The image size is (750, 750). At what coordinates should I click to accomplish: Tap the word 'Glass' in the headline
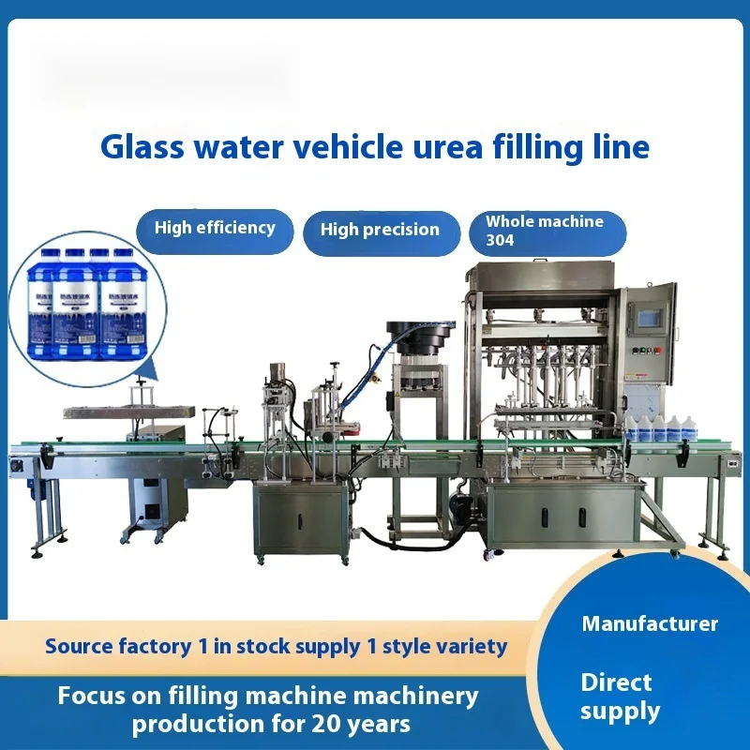coord(136,147)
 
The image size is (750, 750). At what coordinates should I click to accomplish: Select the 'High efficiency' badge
coord(215,228)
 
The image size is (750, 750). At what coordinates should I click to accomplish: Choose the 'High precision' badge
coord(380,230)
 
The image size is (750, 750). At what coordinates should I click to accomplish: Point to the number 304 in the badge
coord(501,240)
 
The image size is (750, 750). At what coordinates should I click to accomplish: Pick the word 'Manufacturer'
coord(650,623)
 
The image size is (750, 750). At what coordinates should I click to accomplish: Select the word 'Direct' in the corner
coord(616,682)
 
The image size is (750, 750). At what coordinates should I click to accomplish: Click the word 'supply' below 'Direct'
coord(620,712)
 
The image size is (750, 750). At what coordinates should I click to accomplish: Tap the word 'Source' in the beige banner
coord(81,646)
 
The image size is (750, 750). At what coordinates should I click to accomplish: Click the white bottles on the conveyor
coord(660,428)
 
